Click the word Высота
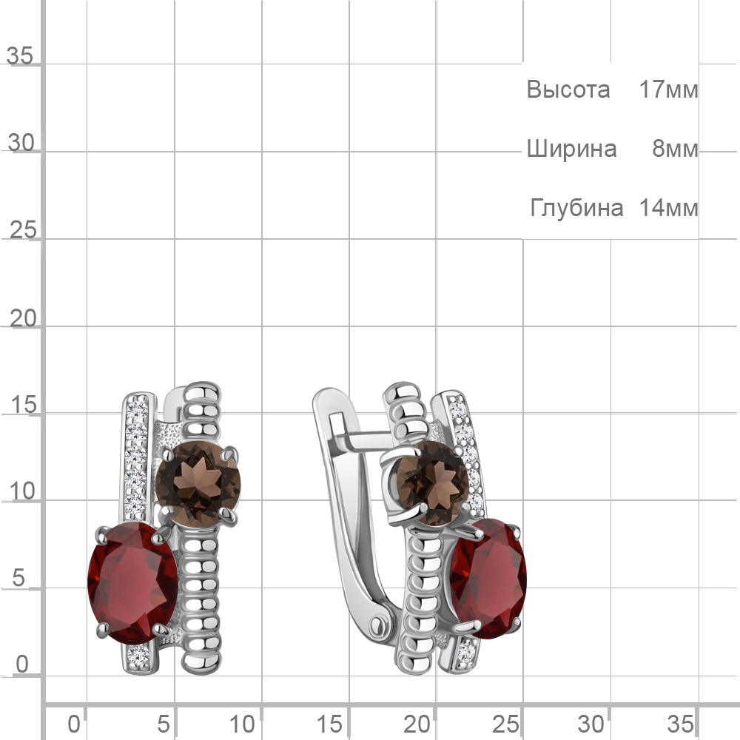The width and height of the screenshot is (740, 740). pyautogui.click(x=568, y=90)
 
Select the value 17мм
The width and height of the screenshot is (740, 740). pyautogui.click(x=668, y=90)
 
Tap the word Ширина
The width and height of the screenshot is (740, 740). pyautogui.click(x=571, y=149)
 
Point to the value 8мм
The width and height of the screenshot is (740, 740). pyautogui.click(x=675, y=149)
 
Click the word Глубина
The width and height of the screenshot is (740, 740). pyautogui.click(x=576, y=208)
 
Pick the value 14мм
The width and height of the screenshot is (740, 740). pyautogui.click(x=668, y=208)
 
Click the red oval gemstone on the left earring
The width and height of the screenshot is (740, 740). pyautogui.click(x=133, y=583)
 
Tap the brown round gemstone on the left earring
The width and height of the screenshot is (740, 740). pyautogui.click(x=198, y=484)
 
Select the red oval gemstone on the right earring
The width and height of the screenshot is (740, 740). pyautogui.click(x=488, y=579)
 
